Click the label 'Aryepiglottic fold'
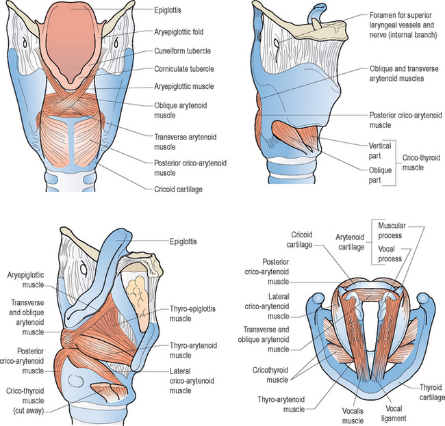pyautogui.click(x=179, y=31)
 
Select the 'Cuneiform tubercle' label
pyautogui.click(x=183, y=51)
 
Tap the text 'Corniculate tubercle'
pyautogui.click(x=184, y=69)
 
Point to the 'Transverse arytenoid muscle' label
pyautogui.click(x=185, y=142)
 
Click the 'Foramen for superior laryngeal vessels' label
pyautogui.click(x=403, y=25)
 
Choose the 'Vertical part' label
pyautogui.click(x=380, y=151)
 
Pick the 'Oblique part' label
pyautogui.click(x=380, y=175)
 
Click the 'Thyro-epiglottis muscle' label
pyautogui.click(x=192, y=313)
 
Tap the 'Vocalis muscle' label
pyautogui.click(x=353, y=416)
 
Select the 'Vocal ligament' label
pyautogui.click(x=394, y=413)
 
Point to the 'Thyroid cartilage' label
pyautogui.click(x=432, y=392)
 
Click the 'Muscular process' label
pyautogui.click(x=392, y=230)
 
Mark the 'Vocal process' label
pyautogui.click(x=390, y=254)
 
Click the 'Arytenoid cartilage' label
pyautogui.click(x=351, y=242)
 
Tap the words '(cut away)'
pyautogui.click(x=29, y=411)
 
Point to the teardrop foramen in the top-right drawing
pyautogui.click(x=276, y=44)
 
